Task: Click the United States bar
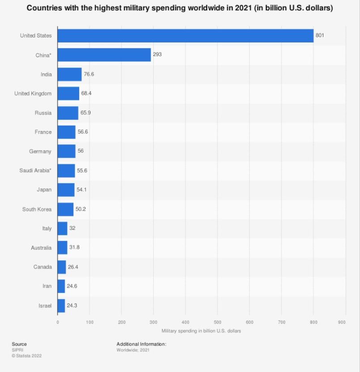(x=186, y=36)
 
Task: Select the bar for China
(x=104, y=55)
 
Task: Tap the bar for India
(x=69, y=74)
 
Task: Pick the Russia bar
(x=68, y=113)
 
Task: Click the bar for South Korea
(x=65, y=209)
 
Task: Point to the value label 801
(x=320, y=36)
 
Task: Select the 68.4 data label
(x=86, y=93)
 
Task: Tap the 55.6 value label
(x=82, y=171)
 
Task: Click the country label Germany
(x=40, y=152)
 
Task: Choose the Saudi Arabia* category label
(x=35, y=171)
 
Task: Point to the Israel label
(x=45, y=306)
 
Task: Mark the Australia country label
(x=41, y=248)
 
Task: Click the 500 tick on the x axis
(x=217, y=322)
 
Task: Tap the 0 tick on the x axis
(x=58, y=322)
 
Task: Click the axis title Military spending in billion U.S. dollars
(x=201, y=331)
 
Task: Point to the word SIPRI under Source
(x=17, y=350)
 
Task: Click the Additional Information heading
(x=141, y=344)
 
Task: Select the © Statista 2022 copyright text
(x=27, y=356)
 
